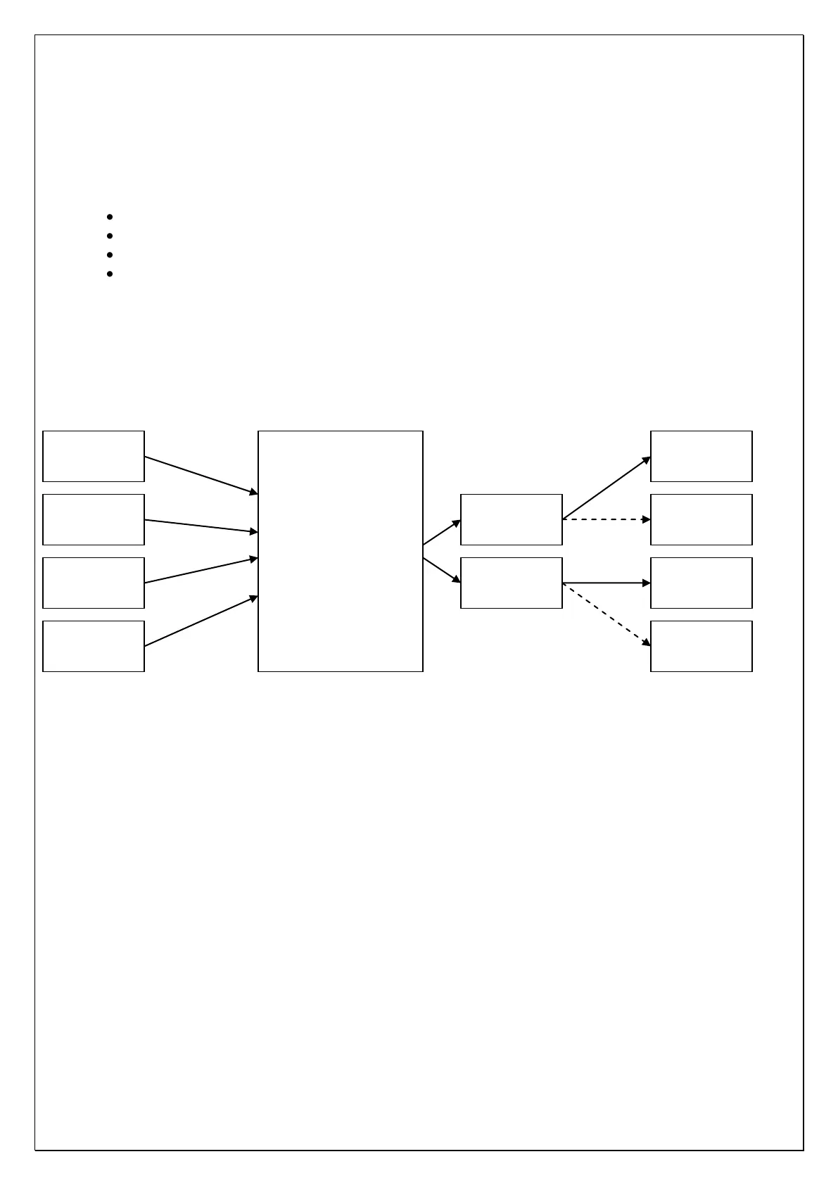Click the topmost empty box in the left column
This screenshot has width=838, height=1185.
[x=94, y=456]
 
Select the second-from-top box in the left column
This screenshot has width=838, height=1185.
[x=94, y=519]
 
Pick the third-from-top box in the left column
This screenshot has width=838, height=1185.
[x=94, y=583]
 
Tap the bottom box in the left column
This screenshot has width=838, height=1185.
[x=94, y=646]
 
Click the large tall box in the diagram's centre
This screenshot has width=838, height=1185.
[x=341, y=551]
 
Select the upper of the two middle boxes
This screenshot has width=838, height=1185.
[x=512, y=519]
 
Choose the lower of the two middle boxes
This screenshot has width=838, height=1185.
[x=512, y=583]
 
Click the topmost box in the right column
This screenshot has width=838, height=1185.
[x=701, y=456]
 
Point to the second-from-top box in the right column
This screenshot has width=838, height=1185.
[x=701, y=519]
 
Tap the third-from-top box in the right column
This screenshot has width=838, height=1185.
[x=701, y=583]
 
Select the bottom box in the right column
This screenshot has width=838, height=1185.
[x=701, y=646]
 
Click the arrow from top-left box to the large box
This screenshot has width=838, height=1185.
[x=201, y=475]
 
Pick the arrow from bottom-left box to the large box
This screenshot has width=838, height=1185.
[x=201, y=621]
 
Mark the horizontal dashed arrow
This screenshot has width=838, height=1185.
[x=607, y=519]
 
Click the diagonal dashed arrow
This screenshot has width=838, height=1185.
[x=607, y=614]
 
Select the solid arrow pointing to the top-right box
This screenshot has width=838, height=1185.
[x=607, y=488]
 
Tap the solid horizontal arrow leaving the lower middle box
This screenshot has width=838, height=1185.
[x=607, y=583]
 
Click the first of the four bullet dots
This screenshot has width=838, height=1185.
[x=110, y=217]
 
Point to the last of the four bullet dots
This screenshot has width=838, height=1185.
[x=110, y=274]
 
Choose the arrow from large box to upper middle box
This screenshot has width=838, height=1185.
[x=442, y=532]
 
